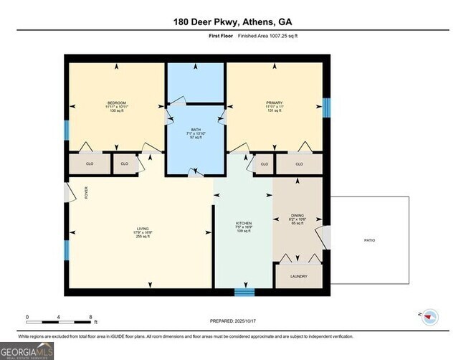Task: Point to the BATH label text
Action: tap(196, 130)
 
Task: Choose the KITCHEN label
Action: tap(244, 224)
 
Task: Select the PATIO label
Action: tap(368, 240)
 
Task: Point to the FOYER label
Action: tap(85, 192)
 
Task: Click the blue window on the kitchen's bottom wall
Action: tap(244, 292)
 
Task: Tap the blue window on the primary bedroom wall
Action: tap(326, 108)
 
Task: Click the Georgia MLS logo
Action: tap(27, 351)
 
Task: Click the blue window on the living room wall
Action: tap(67, 250)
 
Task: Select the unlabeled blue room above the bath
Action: tap(196, 82)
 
